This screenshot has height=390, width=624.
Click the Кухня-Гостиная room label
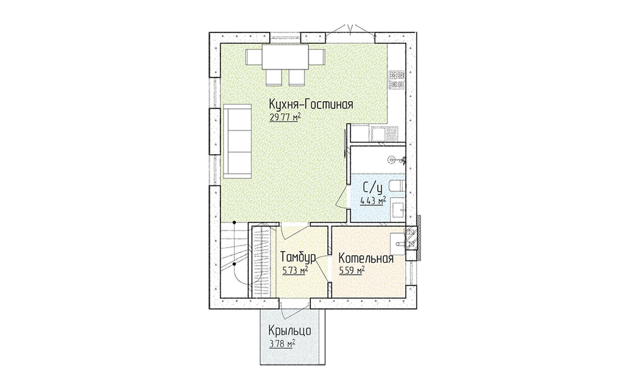pyautogui.click(x=311, y=105)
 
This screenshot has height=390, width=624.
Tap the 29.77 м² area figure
pyautogui.click(x=285, y=117)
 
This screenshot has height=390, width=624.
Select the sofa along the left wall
pyautogui.click(x=237, y=141)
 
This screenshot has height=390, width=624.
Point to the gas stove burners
pyautogui.click(x=398, y=80)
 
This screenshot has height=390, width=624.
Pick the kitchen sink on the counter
pyautogui.click(x=384, y=134)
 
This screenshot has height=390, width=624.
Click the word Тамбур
pyautogui.click(x=299, y=257)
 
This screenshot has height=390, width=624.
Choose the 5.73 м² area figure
pyautogui.click(x=296, y=271)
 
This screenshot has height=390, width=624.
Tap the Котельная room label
pyautogui.click(x=366, y=258)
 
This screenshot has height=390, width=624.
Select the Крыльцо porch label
pyautogui.click(x=289, y=331)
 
